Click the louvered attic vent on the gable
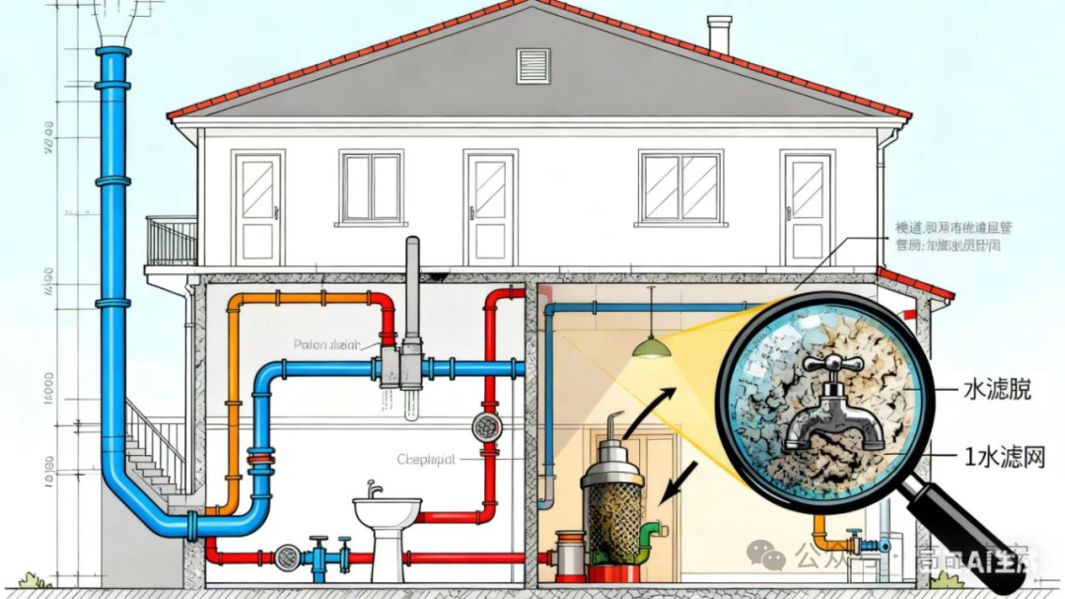point(533,65)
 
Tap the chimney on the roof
point(720,34)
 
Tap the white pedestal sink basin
point(387,513)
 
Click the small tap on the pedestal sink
point(374,489)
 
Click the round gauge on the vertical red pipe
point(486,426)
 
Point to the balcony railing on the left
point(172,240)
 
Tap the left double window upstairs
point(371,187)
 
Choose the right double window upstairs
point(679,187)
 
